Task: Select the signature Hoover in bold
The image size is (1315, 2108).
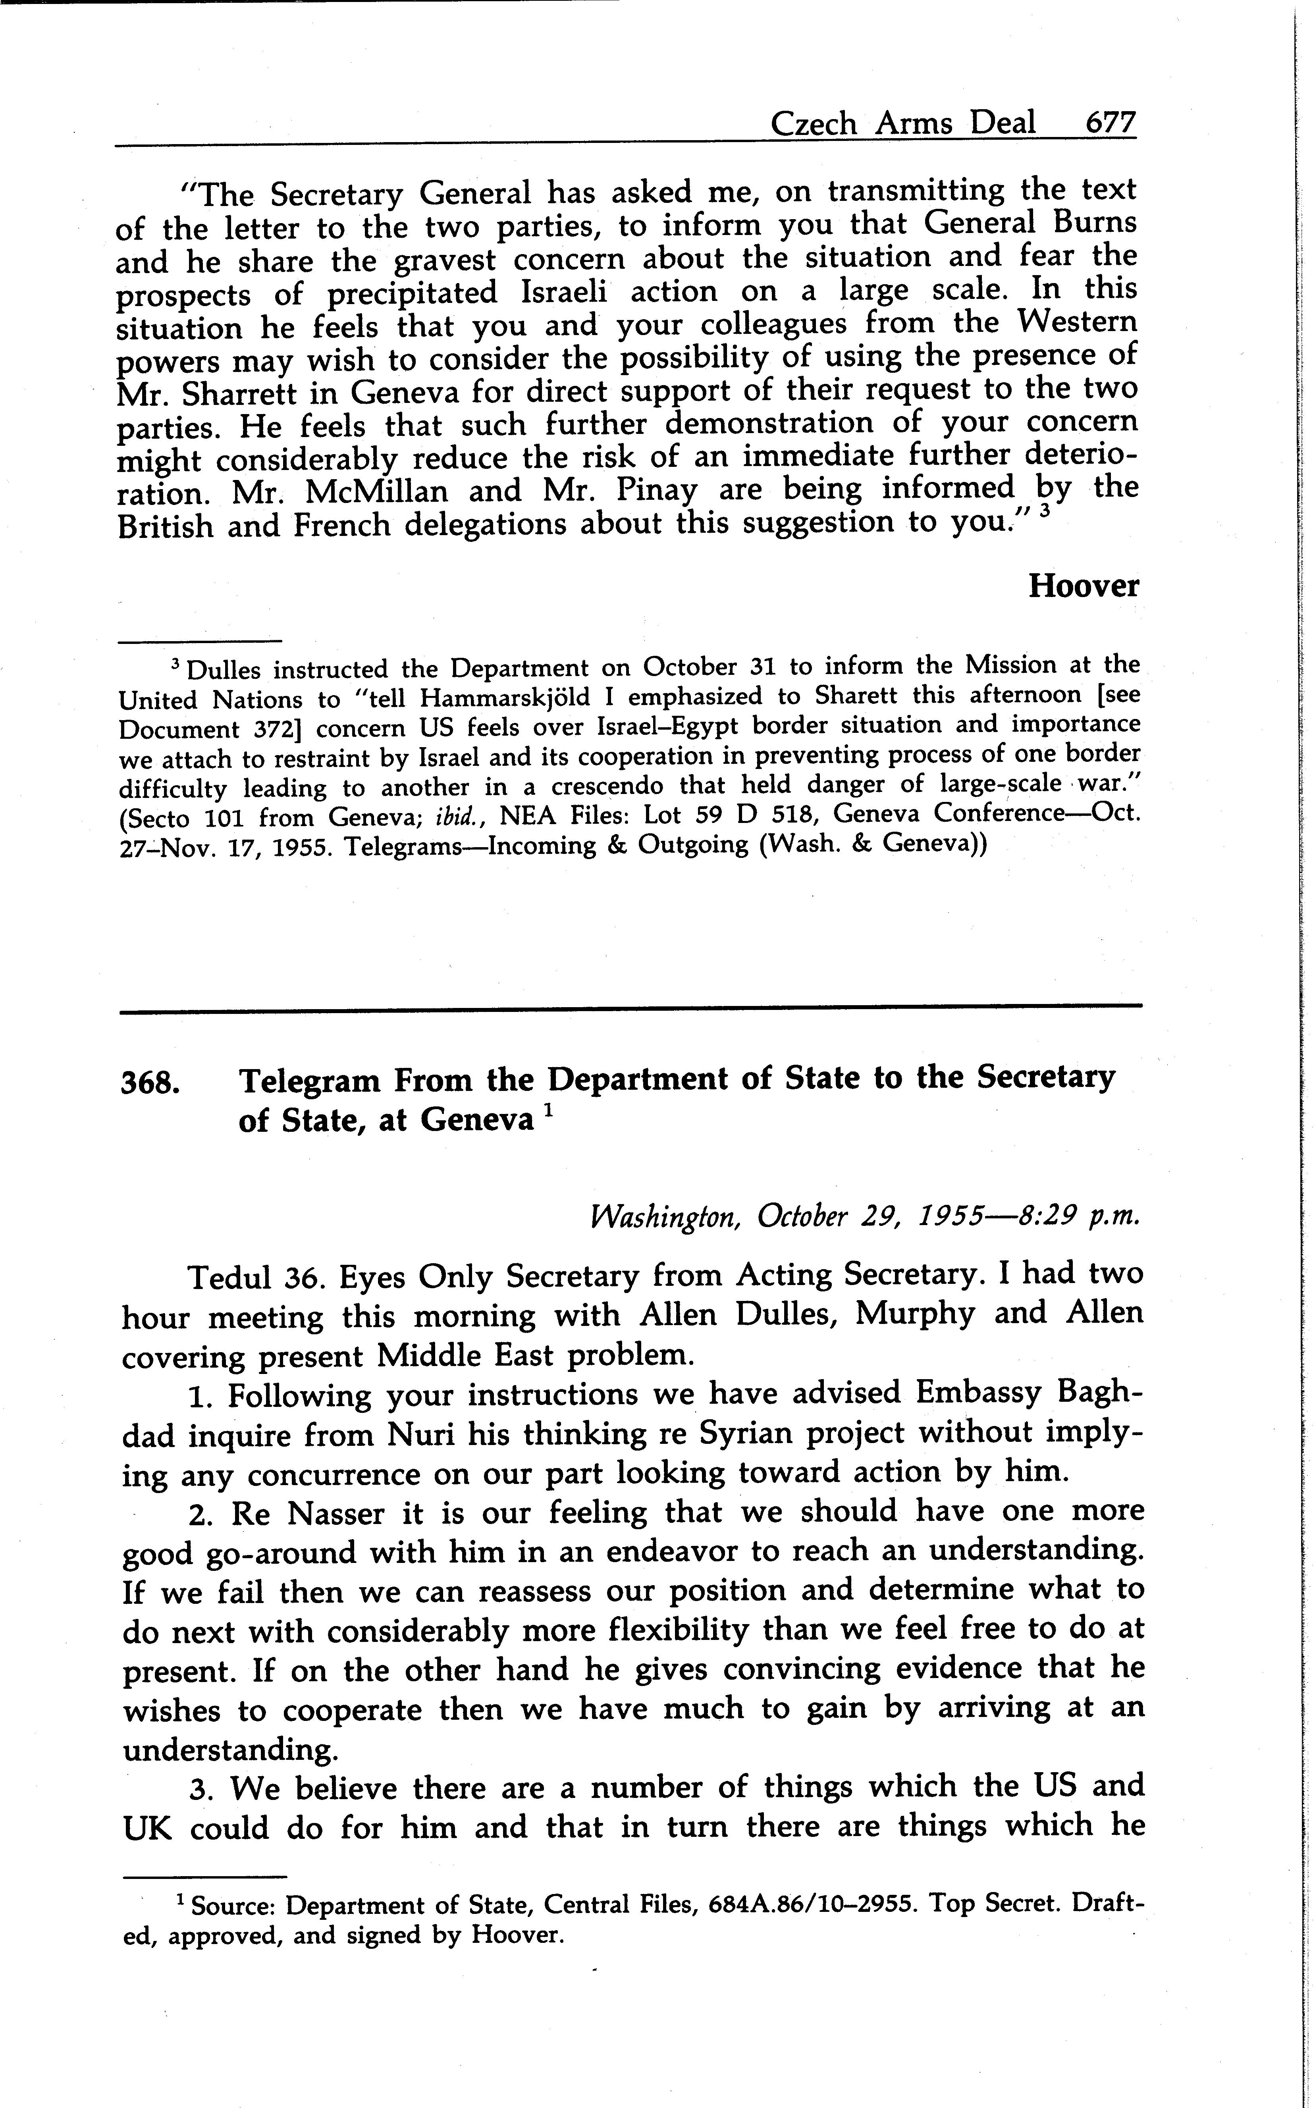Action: pyautogui.click(x=1083, y=586)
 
